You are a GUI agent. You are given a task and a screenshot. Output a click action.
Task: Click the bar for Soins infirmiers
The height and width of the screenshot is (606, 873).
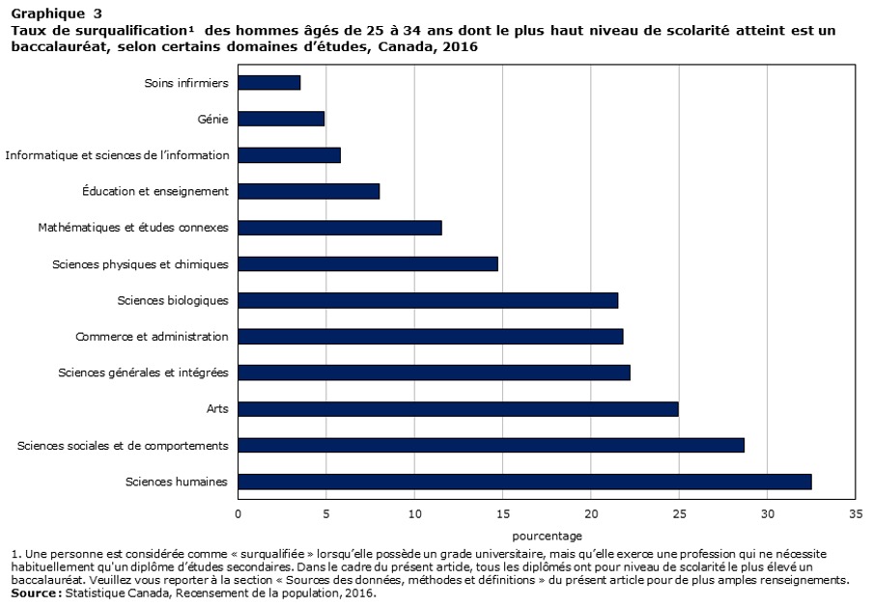coord(269,83)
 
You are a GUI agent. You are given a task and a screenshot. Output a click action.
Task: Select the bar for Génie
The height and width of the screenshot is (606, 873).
coord(281,119)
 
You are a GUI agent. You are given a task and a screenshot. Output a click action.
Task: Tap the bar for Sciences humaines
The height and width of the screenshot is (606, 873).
coord(524,482)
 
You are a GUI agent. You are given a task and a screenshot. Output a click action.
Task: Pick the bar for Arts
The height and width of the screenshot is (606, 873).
coord(458,409)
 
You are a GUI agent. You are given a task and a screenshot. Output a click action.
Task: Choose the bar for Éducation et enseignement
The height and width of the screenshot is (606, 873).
coord(309,191)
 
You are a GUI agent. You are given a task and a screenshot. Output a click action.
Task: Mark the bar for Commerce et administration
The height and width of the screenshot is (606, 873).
coord(431,337)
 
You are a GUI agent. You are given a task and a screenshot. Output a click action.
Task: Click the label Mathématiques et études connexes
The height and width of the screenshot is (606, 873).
coord(133,228)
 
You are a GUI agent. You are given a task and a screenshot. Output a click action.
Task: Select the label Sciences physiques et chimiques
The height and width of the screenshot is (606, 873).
coord(140,263)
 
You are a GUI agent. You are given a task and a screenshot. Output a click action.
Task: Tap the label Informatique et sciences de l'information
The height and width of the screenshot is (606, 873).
coord(117,154)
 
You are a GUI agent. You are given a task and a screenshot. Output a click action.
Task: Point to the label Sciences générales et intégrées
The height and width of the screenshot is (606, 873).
coord(143,372)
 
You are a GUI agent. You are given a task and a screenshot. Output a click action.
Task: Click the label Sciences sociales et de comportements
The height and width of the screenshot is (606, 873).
coord(123,445)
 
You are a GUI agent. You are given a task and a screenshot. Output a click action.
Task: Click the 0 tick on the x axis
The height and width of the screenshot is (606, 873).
coord(239,513)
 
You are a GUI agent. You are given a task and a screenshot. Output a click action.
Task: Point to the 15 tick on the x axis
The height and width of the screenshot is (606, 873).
coord(502,513)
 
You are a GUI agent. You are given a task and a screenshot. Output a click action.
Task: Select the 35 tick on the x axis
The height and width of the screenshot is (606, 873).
coord(855,513)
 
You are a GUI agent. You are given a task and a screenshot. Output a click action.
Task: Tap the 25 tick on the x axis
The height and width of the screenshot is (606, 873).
coord(679,513)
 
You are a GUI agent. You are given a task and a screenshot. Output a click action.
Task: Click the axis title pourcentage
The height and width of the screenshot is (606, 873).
coord(547,535)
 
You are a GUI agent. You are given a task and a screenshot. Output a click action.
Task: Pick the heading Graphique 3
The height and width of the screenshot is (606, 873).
coord(56,14)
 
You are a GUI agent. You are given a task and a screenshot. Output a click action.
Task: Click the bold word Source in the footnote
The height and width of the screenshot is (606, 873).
coord(35,593)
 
